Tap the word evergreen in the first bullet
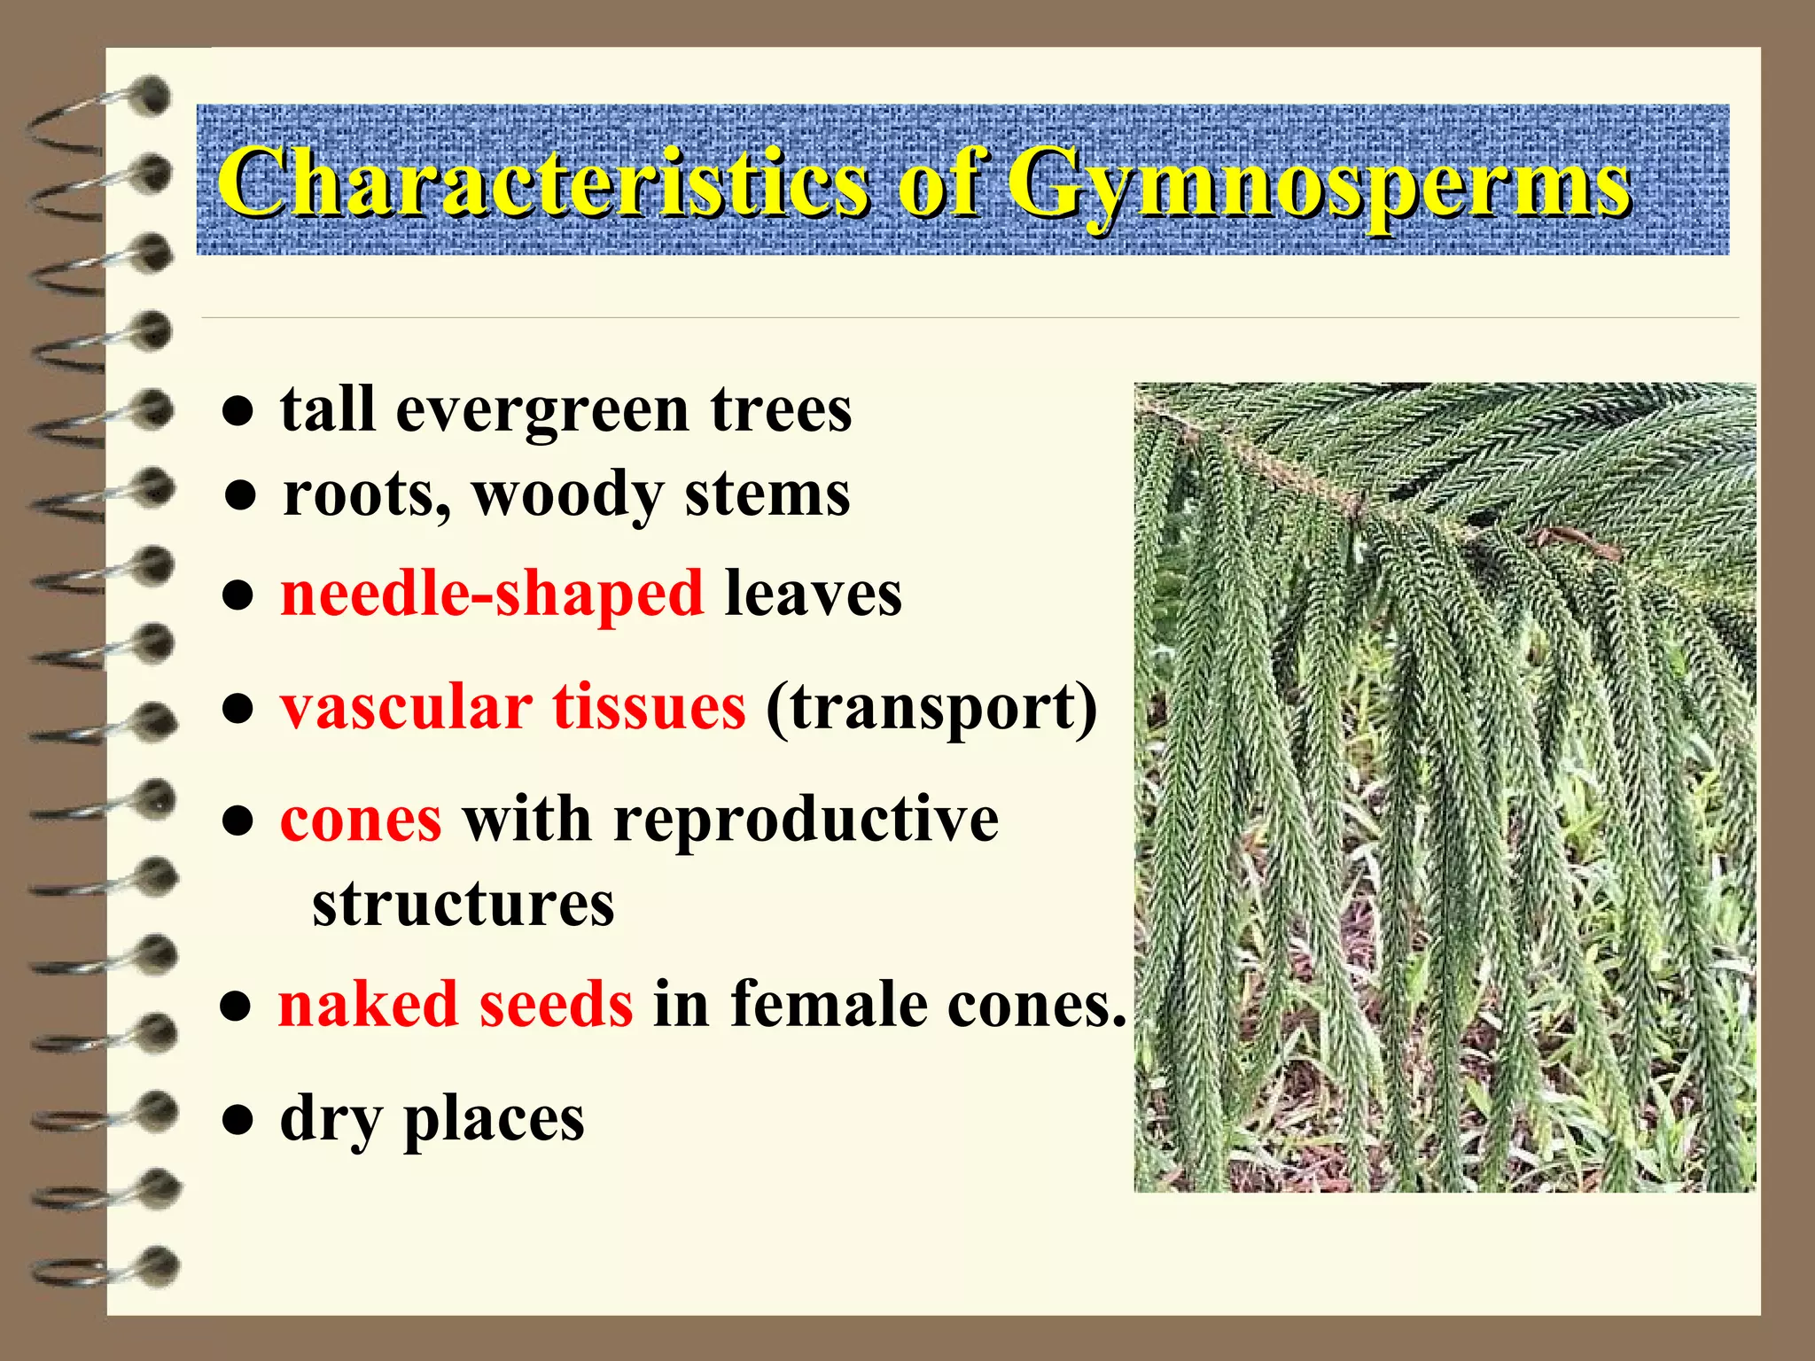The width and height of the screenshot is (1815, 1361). point(541,412)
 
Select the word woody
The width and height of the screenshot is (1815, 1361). point(567,494)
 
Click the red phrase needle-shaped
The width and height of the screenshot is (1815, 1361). point(492,594)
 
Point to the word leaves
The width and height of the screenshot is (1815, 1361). point(813,594)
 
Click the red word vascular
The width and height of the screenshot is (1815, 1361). point(407,708)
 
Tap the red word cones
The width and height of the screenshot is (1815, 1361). point(361,820)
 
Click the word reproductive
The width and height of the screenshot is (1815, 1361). point(805,820)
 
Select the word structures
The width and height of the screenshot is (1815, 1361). point(463,905)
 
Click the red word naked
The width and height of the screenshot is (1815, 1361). point(367,1005)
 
